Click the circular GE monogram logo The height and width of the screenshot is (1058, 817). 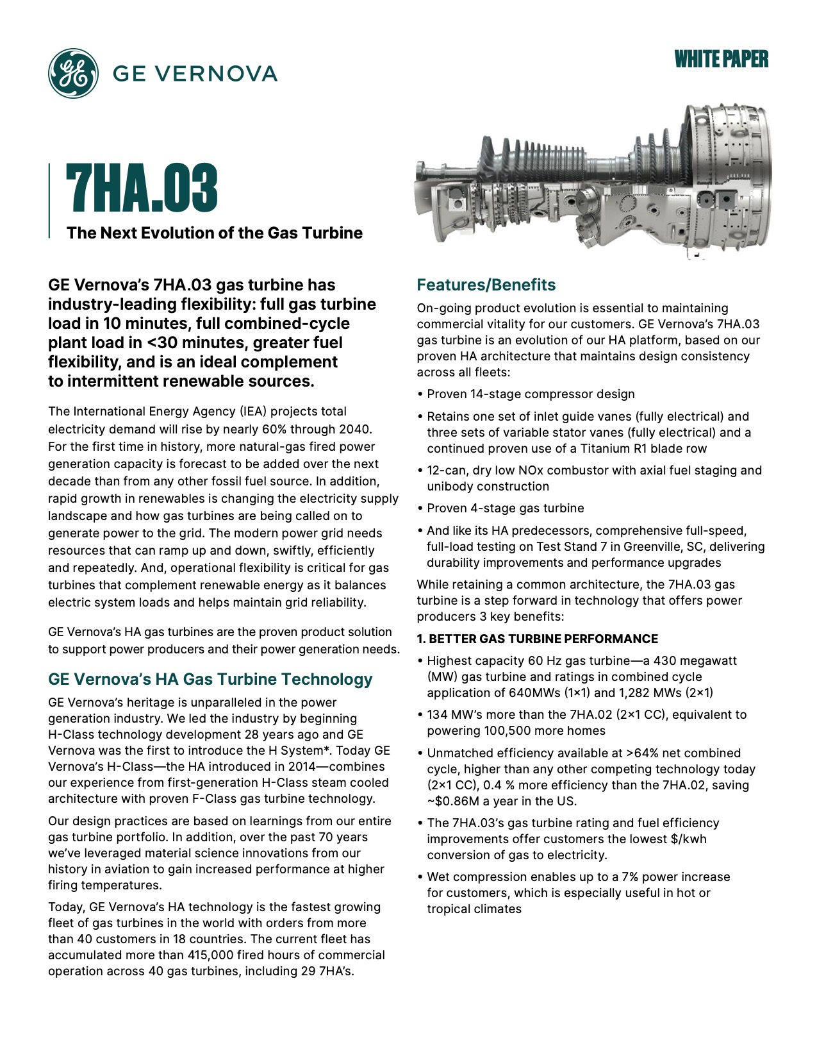[73, 73]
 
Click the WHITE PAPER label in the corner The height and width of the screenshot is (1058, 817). [721, 60]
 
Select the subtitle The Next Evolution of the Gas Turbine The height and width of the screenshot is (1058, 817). [214, 233]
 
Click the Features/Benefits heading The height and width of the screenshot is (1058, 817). [486, 285]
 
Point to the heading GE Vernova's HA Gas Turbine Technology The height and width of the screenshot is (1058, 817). [210, 679]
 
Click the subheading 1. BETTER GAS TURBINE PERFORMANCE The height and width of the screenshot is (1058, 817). [537, 639]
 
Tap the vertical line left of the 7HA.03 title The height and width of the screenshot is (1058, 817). [50, 201]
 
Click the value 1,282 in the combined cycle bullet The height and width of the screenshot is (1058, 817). [639, 693]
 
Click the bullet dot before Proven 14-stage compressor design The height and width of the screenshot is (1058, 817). [420, 394]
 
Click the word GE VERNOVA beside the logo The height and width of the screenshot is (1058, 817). [195, 73]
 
